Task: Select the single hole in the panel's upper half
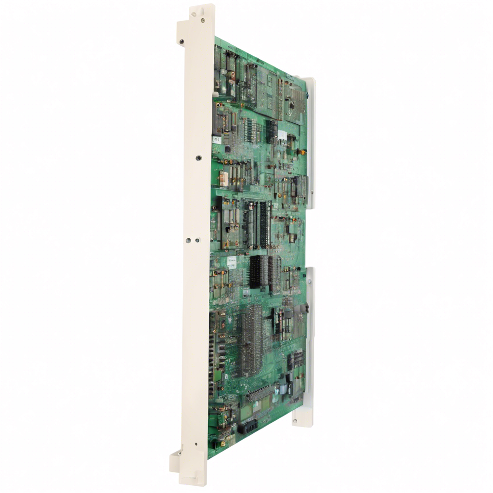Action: [198, 157]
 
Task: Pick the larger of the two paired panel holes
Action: [197, 240]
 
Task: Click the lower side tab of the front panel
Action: [175, 462]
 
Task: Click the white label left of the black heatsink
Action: [232, 262]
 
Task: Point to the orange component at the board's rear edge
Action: [304, 152]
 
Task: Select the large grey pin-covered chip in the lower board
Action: [251, 332]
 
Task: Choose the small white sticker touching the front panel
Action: [216, 139]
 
